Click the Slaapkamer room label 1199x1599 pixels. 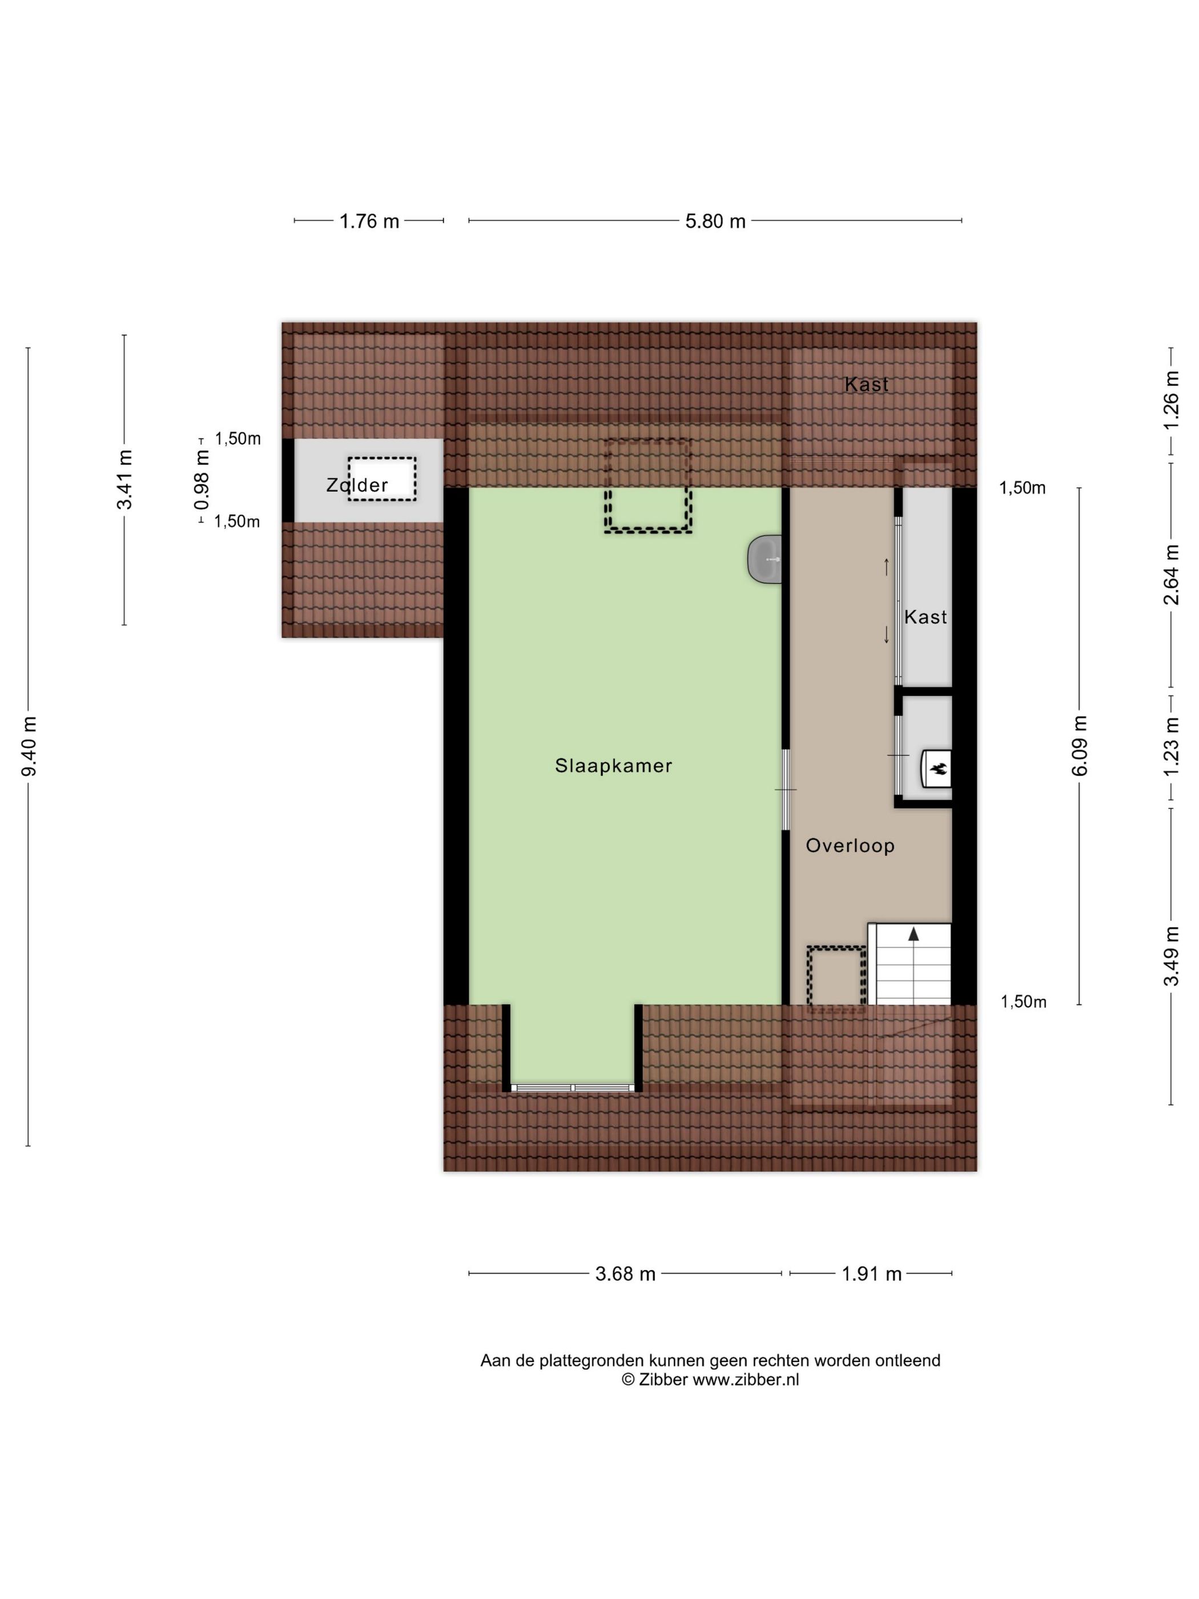pos(613,766)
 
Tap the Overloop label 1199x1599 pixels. pos(850,845)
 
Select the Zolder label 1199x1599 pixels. pos(357,485)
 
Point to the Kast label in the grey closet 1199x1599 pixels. pos(925,617)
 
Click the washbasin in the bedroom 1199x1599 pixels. pos(766,559)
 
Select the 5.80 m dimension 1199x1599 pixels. pos(715,221)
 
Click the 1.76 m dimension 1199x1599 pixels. pos(369,221)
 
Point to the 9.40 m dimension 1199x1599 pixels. pos(29,746)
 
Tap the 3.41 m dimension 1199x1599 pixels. pos(124,479)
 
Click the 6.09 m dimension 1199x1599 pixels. pos(1079,745)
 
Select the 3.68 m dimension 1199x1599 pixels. pos(625,1273)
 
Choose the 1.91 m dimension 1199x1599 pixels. pos(872,1273)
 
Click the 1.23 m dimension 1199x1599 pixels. pos(1171,746)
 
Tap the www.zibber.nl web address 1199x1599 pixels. pos(746,1379)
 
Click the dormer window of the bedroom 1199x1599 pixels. pos(573,1087)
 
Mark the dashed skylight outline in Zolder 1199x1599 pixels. pos(381,479)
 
